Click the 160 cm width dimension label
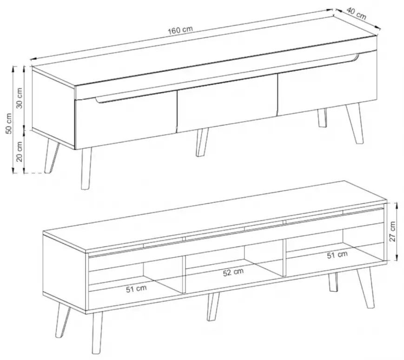tap(180, 30)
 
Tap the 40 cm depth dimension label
tap(356, 13)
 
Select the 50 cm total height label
tap(8, 123)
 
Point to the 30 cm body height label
tap(20, 98)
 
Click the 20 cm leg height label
tap(20, 151)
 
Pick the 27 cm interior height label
tap(392, 231)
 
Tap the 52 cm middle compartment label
tap(233, 272)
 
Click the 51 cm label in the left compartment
tap(136, 289)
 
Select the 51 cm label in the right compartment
tap(337, 254)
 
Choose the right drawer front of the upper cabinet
tap(327, 82)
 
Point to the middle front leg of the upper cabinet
tap(202, 142)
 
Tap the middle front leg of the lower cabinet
tap(213, 307)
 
